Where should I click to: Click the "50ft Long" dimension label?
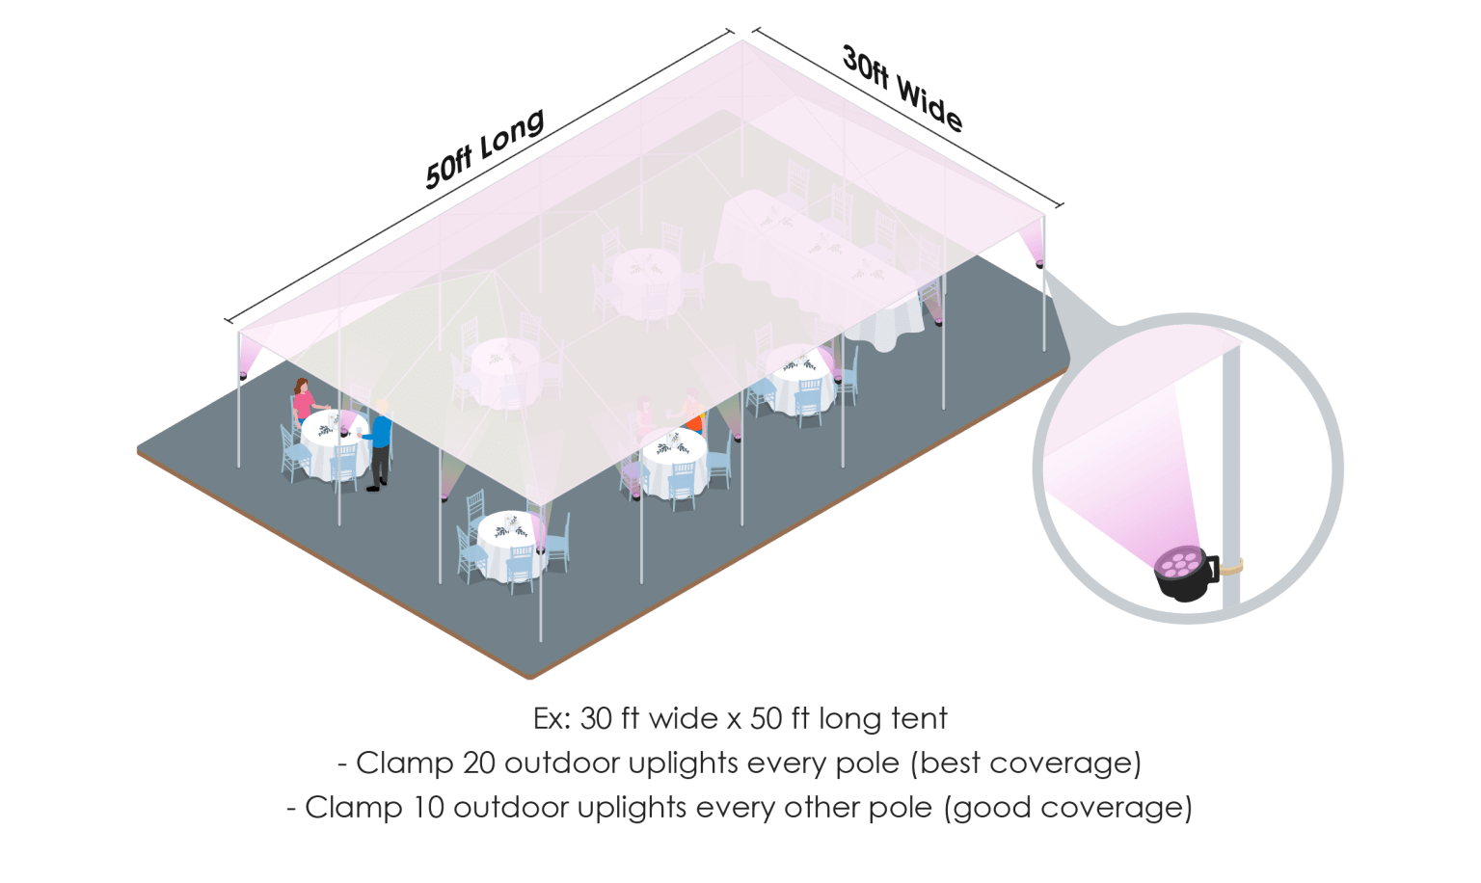(x=485, y=148)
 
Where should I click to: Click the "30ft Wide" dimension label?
(x=902, y=89)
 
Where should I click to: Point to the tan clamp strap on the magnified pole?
(x=1231, y=567)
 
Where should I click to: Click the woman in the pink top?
(x=304, y=400)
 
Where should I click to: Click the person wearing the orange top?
(x=692, y=411)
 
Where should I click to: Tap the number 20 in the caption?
(x=478, y=763)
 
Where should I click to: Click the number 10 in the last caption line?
(x=427, y=808)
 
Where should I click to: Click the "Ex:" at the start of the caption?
(x=552, y=719)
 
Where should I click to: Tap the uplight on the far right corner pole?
(x=1038, y=264)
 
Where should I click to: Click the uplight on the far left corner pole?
(x=243, y=375)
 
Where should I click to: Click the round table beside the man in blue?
(x=334, y=443)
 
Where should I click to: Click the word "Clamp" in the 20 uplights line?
(x=404, y=763)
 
